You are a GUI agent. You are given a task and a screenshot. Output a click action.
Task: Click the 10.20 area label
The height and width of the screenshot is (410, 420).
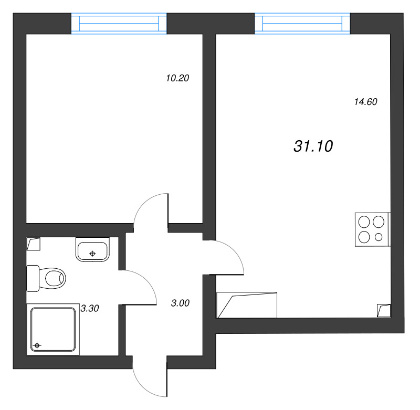point(177,79)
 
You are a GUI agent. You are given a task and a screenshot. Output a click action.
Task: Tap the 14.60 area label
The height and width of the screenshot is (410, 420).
point(366,102)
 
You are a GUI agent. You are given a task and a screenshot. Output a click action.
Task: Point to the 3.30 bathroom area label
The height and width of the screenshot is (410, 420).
point(90,309)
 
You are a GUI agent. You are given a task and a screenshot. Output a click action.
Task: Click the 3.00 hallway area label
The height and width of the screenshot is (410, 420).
point(180,303)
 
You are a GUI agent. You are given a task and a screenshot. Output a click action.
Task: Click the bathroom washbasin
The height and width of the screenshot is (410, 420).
point(92,249)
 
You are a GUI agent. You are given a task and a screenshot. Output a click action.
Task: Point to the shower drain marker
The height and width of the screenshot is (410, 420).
point(37,345)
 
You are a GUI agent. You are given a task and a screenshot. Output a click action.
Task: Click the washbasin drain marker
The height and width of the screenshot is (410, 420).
point(93,254)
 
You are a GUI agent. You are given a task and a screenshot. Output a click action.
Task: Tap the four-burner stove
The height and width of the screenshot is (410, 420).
point(372,229)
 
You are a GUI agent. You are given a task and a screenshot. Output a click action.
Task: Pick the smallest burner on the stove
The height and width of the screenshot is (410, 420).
point(379,237)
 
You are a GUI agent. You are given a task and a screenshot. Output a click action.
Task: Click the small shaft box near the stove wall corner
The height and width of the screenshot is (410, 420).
point(384,310)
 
